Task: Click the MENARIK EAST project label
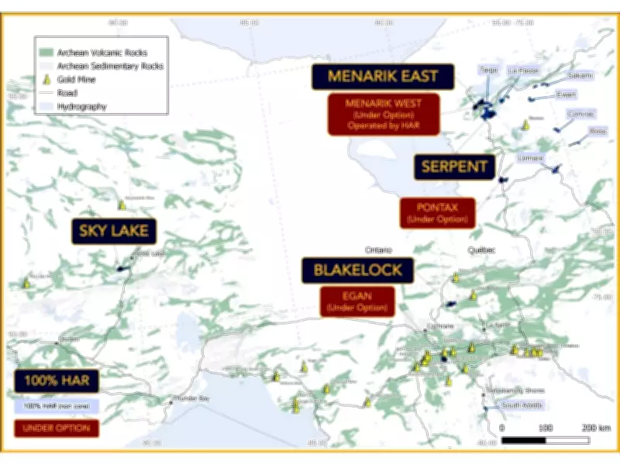382,77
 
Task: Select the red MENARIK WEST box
383,114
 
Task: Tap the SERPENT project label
454,166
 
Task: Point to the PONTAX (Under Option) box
437,213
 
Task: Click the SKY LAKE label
113,230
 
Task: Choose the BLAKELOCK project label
357,270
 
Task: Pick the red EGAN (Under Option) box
357,301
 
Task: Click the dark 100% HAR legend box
57,381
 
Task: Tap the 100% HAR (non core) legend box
56,405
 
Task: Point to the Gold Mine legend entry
77,79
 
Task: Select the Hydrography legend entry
81,106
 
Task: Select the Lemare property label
530,158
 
